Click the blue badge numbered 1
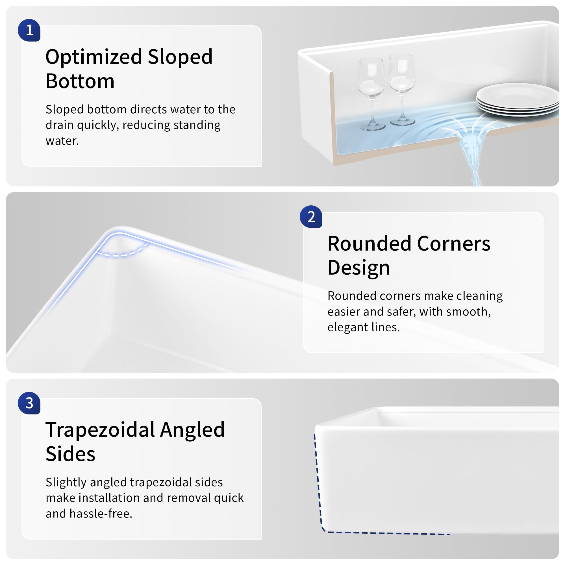click(x=29, y=30)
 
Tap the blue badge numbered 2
click(x=311, y=217)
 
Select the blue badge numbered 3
click(x=29, y=403)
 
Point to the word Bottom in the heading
click(x=80, y=81)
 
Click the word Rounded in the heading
click(x=369, y=244)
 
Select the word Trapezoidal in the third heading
click(x=100, y=430)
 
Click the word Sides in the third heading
click(x=70, y=454)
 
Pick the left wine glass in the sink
click(x=371, y=94)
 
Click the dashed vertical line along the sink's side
click(x=318, y=480)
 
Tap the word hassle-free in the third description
click(x=101, y=514)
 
